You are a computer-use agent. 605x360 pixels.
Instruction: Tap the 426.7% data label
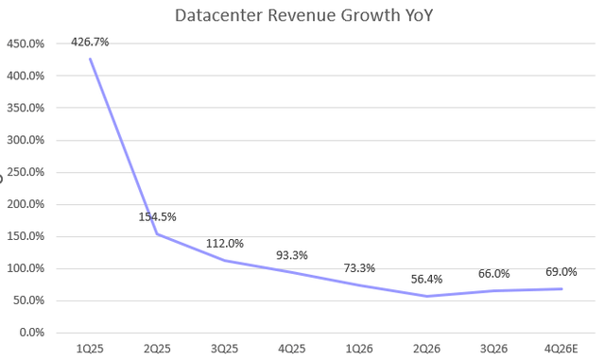pos(90,43)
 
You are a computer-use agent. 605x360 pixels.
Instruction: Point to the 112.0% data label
pos(225,244)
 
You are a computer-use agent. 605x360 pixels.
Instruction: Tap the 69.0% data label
pos(562,271)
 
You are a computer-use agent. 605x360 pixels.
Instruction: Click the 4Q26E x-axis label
pos(562,349)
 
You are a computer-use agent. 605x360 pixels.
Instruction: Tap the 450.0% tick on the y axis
pos(26,43)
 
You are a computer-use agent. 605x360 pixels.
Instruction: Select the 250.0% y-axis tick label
pos(26,172)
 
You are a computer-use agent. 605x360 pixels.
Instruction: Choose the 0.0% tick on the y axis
pos(31,333)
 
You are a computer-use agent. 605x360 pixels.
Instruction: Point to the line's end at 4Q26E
pos(562,288)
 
